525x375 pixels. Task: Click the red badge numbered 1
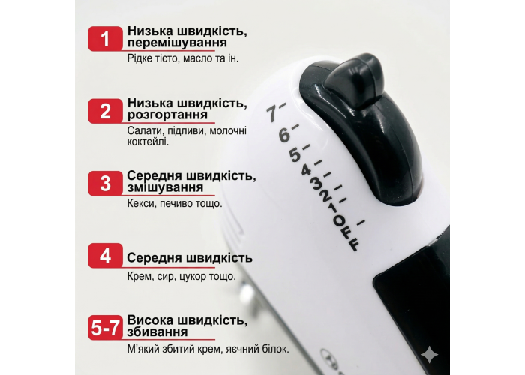[x=106, y=39]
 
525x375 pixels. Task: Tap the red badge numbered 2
[x=106, y=111]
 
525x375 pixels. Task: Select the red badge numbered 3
[x=106, y=184]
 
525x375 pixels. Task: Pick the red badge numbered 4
[x=106, y=256]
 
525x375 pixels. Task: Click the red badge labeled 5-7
[x=106, y=328]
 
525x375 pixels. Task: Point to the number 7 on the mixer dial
[x=273, y=113]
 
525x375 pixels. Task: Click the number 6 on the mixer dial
[x=284, y=135]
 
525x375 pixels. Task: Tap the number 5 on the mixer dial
[x=295, y=155]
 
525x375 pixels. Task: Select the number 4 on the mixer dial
[x=306, y=170]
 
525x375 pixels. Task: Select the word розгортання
[x=167, y=115]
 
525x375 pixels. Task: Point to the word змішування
[x=166, y=187]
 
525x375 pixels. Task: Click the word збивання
[x=157, y=331]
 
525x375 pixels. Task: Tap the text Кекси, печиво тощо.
[x=175, y=203]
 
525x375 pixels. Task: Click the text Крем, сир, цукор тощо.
[x=181, y=276]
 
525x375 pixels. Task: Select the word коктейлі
[x=148, y=142]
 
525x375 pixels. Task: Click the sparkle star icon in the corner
[x=430, y=355]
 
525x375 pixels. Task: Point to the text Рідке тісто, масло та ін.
[x=183, y=58]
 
